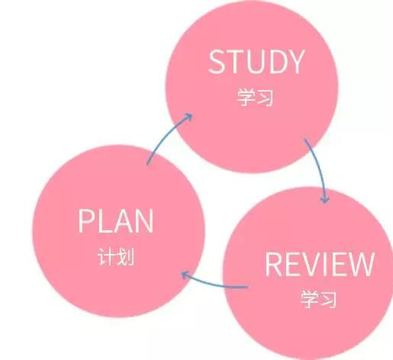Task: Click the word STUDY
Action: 256,62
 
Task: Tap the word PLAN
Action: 116,220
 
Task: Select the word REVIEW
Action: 320,264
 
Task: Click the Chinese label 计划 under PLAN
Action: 116,256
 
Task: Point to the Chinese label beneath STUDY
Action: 255,97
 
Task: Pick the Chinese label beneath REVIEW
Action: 318,299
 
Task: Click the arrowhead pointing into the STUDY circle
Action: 188,117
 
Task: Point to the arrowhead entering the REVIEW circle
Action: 324,199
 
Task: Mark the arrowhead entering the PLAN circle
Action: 185,275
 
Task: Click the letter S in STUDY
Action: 217,62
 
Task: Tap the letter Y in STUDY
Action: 296,62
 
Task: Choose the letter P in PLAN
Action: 85,220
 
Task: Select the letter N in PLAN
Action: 144,220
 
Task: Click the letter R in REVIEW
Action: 273,264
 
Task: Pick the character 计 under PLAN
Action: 106,256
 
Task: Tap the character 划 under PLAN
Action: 125,256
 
